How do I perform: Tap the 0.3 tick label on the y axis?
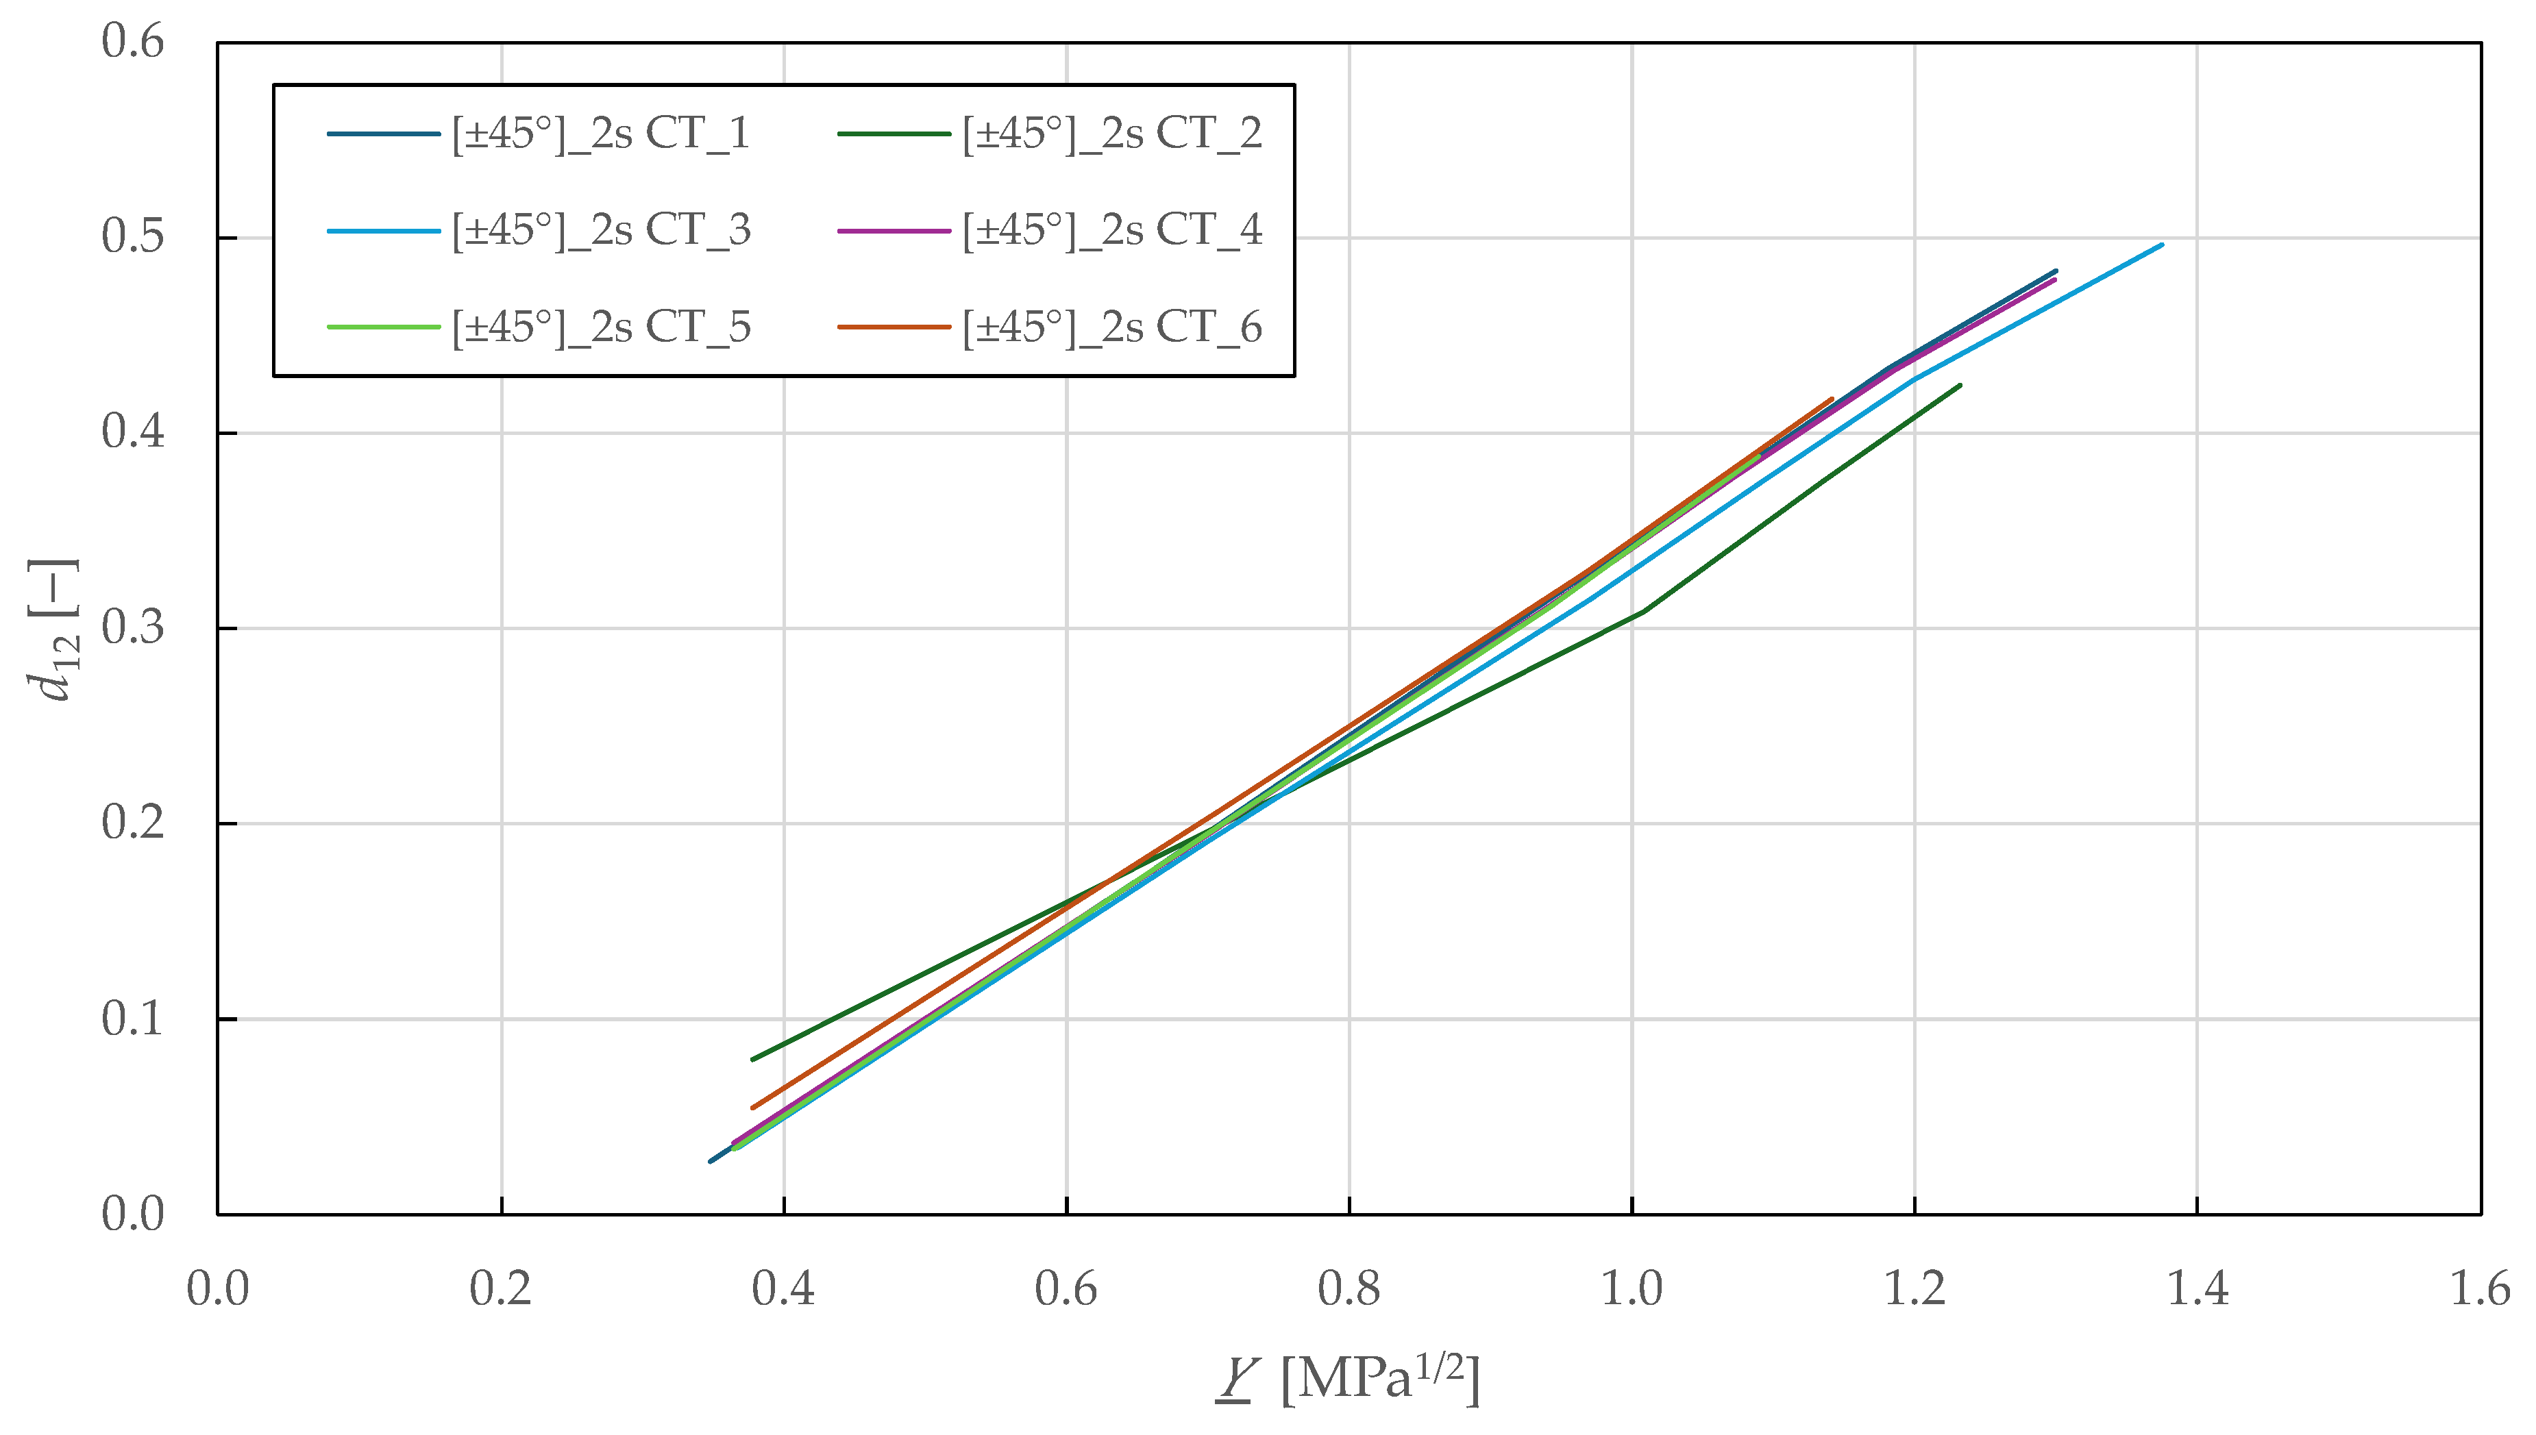[133, 628]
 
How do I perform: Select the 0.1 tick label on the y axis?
[133, 1018]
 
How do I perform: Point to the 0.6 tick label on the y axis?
[133, 42]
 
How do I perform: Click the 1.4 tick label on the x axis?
[2197, 1288]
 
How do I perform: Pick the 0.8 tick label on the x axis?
[1349, 1288]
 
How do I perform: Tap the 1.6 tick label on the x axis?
[2480, 1288]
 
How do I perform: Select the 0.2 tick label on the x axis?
[501, 1288]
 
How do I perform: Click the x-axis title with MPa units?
[1349, 1379]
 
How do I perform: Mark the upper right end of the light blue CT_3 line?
[2161, 245]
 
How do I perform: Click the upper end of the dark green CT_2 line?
[1960, 386]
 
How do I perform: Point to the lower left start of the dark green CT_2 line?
[753, 1060]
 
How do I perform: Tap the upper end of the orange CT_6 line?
[1832, 399]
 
